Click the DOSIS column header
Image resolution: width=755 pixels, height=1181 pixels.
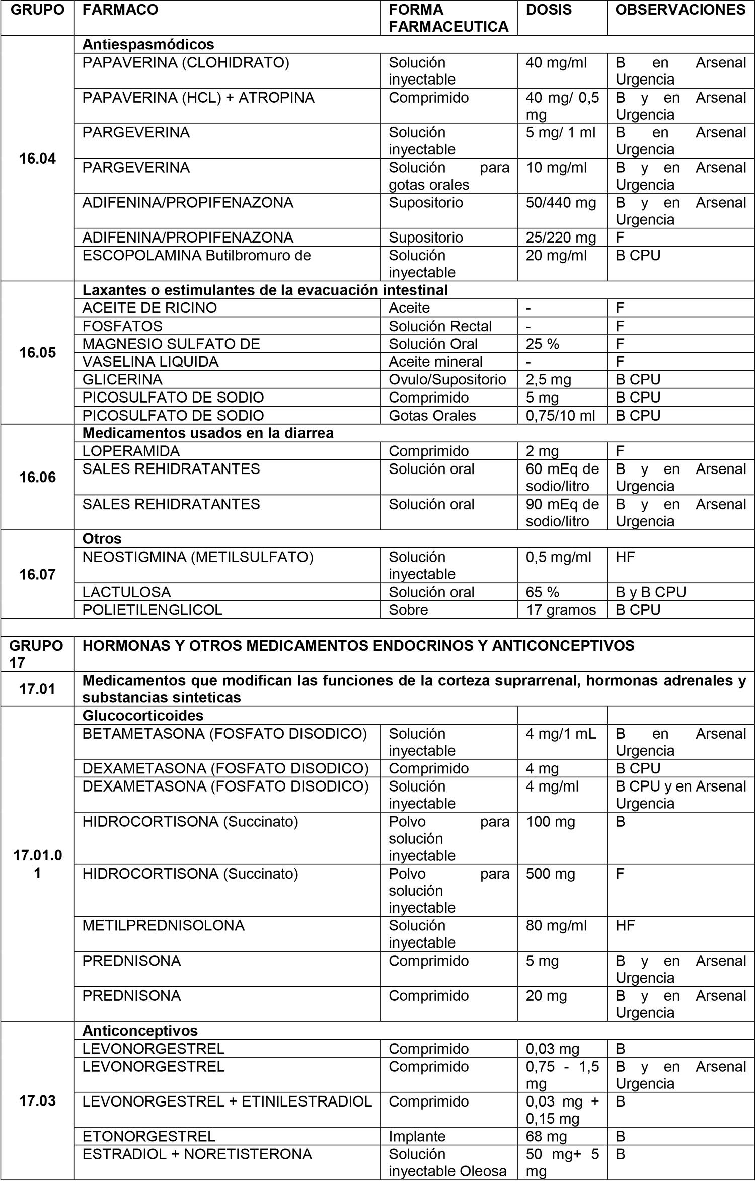click(549, 10)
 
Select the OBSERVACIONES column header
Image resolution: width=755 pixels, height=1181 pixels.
click(680, 10)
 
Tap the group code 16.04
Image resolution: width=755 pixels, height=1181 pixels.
click(37, 159)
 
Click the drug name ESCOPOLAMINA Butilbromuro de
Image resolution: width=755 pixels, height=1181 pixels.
click(196, 255)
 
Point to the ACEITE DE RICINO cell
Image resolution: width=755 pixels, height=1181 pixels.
click(149, 308)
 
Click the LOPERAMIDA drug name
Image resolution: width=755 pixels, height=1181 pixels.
click(131, 451)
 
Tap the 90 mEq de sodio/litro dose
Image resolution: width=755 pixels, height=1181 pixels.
click(562, 512)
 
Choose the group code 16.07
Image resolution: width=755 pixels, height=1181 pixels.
click(37, 574)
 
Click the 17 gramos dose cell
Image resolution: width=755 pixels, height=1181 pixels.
click(561, 610)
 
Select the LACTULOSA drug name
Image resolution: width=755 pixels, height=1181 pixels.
click(126, 592)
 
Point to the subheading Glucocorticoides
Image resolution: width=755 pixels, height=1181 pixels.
click(143, 715)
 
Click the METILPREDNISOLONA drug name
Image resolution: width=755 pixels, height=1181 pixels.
click(163, 925)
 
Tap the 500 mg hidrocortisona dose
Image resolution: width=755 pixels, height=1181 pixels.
click(550, 874)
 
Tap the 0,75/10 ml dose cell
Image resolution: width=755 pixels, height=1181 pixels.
click(560, 415)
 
